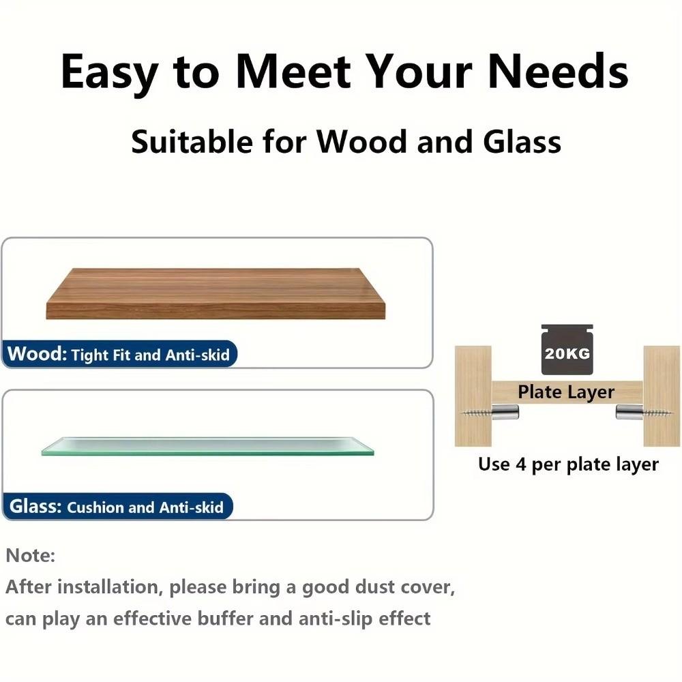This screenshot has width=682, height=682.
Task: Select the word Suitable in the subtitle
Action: (x=192, y=142)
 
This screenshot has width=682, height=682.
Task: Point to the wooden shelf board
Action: (x=216, y=293)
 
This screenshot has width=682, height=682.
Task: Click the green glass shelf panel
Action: (x=207, y=446)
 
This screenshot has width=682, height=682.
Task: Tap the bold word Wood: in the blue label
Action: (x=37, y=353)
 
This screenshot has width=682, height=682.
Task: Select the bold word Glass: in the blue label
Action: (x=35, y=506)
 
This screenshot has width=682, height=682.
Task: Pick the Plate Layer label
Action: (x=566, y=392)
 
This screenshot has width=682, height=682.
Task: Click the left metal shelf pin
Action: (x=505, y=412)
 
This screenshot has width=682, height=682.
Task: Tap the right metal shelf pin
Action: (x=629, y=412)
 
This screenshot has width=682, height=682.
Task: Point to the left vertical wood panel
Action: (x=473, y=396)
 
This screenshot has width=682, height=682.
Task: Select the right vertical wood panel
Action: (x=662, y=396)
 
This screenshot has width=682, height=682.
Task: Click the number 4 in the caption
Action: (x=520, y=464)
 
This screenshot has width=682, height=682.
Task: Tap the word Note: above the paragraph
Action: (x=31, y=555)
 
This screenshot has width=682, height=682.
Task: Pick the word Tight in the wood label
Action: (x=90, y=355)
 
